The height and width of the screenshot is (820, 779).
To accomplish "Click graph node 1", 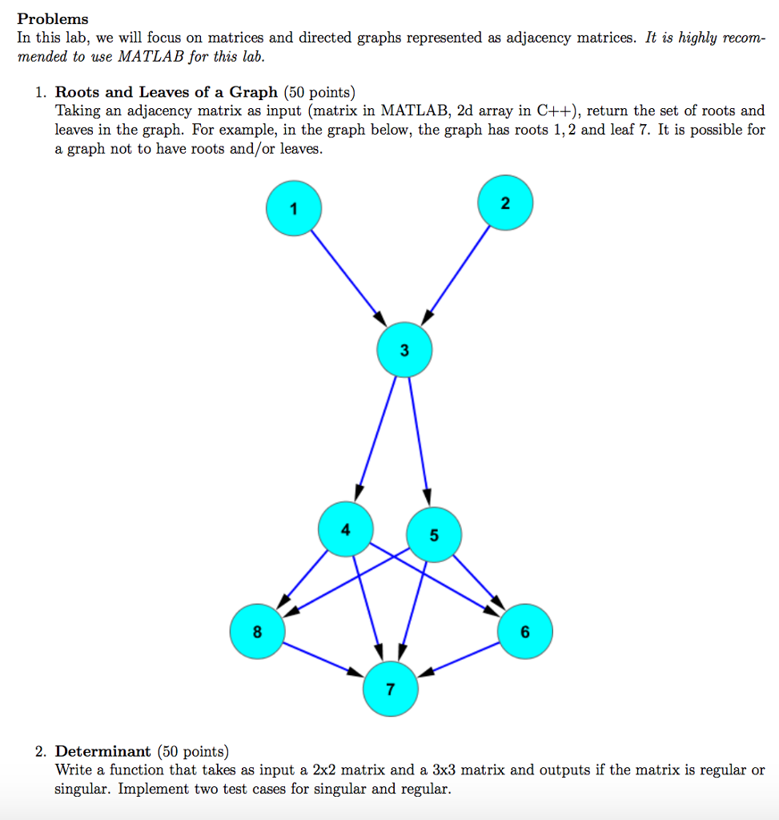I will pyautogui.click(x=294, y=208).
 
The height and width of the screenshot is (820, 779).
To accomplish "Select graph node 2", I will pyautogui.click(x=504, y=203).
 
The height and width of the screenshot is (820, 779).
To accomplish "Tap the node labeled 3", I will pyautogui.click(x=404, y=350).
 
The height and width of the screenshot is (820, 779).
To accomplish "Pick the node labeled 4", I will pyautogui.click(x=345, y=529).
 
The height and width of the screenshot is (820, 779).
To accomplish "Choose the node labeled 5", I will pyautogui.click(x=434, y=536).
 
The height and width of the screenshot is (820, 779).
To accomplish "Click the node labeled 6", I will pyautogui.click(x=524, y=632).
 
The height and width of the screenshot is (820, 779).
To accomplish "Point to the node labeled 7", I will pyautogui.click(x=390, y=689).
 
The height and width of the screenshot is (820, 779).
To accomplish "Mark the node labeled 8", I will pyautogui.click(x=256, y=631).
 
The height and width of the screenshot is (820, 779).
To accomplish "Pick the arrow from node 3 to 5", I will pyautogui.click(x=419, y=437).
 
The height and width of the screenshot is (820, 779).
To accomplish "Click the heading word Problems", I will pyautogui.click(x=53, y=18).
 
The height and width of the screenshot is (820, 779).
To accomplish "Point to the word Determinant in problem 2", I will pyautogui.click(x=102, y=751).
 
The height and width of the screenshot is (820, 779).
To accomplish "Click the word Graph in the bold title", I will pyautogui.click(x=253, y=92).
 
